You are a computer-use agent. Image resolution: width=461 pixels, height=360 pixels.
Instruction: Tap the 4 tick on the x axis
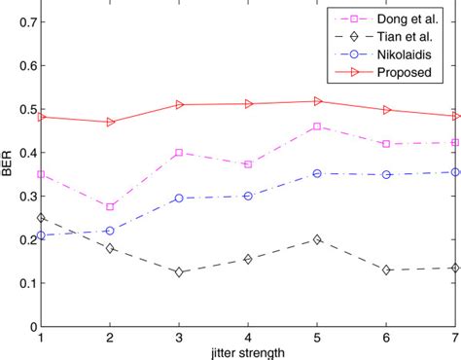coord(249,337)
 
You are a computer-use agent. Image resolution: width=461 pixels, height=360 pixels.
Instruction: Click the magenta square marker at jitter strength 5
coord(318,126)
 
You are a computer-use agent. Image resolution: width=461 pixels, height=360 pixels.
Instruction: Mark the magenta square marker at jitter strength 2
coord(110,206)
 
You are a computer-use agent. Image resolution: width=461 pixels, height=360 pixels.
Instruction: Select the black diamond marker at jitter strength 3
coord(179,272)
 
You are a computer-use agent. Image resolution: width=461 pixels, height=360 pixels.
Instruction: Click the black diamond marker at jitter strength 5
coord(318,238)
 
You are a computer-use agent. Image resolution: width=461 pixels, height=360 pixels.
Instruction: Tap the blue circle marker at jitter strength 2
coord(110,231)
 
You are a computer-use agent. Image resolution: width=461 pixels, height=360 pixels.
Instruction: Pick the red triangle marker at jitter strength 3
coord(179,104)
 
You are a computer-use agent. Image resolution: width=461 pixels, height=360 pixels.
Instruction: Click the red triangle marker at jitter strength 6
coord(387,110)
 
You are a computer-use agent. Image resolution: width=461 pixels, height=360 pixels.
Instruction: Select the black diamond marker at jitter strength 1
coord(41,218)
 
